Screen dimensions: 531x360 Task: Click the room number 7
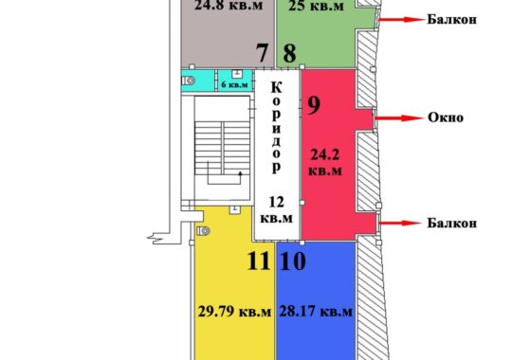pyautogui.click(x=262, y=53)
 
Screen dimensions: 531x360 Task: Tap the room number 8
pyautogui.click(x=289, y=53)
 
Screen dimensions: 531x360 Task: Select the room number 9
pyautogui.click(x=314, y=105)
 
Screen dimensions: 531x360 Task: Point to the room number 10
pyautogui.click(x=293, y=261)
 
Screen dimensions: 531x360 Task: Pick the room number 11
pyautogui.click(x=259, y=261)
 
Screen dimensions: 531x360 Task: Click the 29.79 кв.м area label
pyautogui.click(x=234, y=312)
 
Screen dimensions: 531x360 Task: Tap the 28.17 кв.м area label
pyautogui.click(x=316, y=312)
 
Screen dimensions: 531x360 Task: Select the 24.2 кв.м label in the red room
pyautogui.click(x=325, y=163)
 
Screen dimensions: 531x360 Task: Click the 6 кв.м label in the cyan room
pyautogui.click(x=235, y=84)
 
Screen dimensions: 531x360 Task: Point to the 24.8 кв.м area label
pyautogui.click(x=229, y=5)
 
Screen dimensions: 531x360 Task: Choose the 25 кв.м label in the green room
pyautogui.click(x=317, y=6)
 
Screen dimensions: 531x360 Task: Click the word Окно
pyautogui.click(x=446, y=117)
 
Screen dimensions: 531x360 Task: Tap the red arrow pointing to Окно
pyautogui.click(x=398, y=118)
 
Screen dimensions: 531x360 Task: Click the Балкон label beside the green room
pyautogui.click(x=451, y=19)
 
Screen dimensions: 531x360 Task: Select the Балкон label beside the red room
pyautogui.click(x=451, y=223)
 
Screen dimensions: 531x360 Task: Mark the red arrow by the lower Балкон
pyautogui.click(x=400, y=223)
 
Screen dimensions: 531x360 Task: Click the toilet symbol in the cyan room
pyautogui.click(x=189, y=81)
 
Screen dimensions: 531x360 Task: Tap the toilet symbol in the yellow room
pyautogui.click(x=203, y=231)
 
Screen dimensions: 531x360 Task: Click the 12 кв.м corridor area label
pyautogui.click(x=276, y=210)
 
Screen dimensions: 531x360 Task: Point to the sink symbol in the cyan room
pyautogui.click(x=237, y=74)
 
